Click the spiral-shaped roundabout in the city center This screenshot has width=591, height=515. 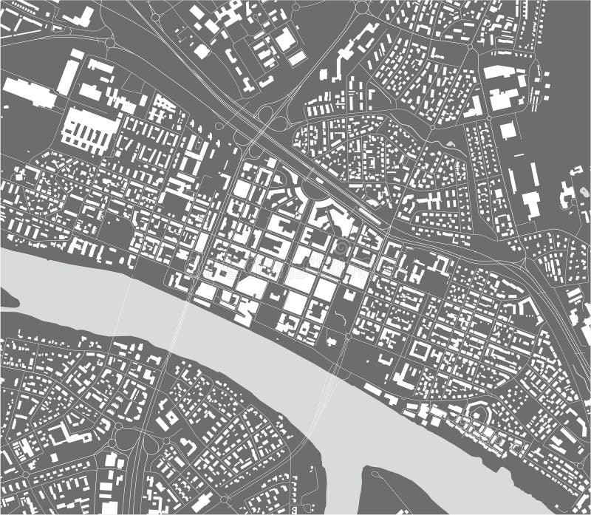[341, 247]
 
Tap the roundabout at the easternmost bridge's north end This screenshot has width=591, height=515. [347, 337]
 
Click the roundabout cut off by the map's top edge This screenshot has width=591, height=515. [362, 6]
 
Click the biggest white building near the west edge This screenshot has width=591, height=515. [30, 92]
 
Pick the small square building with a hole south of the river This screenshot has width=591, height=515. [169, 417]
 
